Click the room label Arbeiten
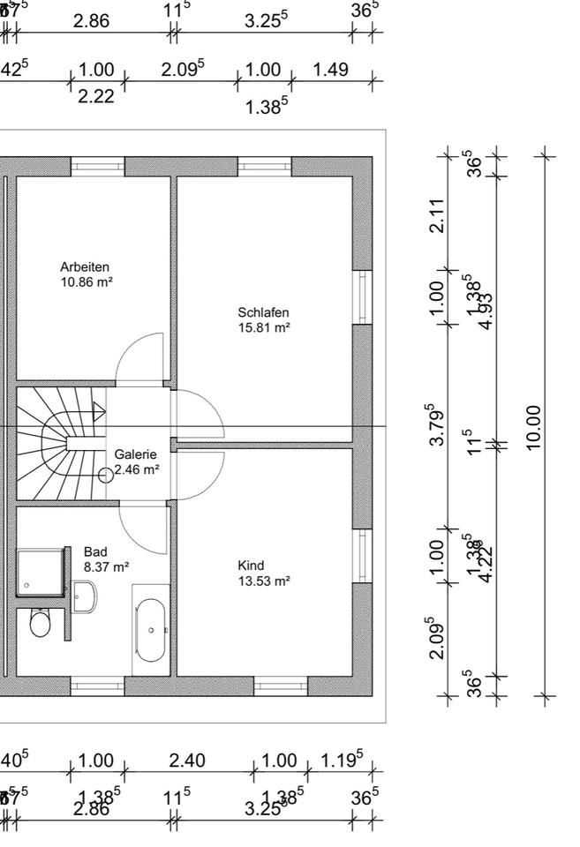[85, 266]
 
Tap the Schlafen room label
[263, 312]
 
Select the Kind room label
[251, 566]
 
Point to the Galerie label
[135, 454]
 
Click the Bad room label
[94, 551]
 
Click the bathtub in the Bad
[150, 630]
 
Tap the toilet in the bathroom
[41, 623]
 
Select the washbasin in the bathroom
[85, 596]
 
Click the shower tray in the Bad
[41, 572]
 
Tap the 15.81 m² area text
[264, 327]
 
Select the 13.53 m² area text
[264, 581]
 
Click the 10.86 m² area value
[86, 281]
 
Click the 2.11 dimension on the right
[436, 215]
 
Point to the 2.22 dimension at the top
[96, 97]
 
